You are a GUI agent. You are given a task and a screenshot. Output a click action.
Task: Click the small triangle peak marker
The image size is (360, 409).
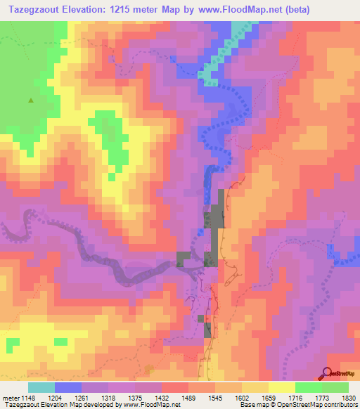pos(30,100)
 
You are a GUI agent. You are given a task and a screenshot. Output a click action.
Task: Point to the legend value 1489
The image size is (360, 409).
pos(188,397)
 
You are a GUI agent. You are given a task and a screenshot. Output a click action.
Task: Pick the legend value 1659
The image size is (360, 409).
pos(268,397)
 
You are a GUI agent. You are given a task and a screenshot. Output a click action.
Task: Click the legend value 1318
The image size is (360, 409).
pos(108,397)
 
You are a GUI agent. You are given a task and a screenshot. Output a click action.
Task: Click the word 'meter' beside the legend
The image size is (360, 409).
pos(8,397)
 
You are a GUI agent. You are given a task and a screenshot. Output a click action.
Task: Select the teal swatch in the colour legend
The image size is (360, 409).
pos(41,387)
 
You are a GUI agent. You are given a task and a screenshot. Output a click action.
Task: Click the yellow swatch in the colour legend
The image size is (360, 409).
pos(281,387)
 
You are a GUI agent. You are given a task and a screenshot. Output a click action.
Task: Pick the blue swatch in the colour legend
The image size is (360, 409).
pos(68,387)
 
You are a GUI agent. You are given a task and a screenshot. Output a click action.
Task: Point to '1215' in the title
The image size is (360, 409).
pos(126,9)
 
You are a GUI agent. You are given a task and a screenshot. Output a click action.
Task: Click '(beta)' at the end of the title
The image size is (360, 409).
pos(294,9)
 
